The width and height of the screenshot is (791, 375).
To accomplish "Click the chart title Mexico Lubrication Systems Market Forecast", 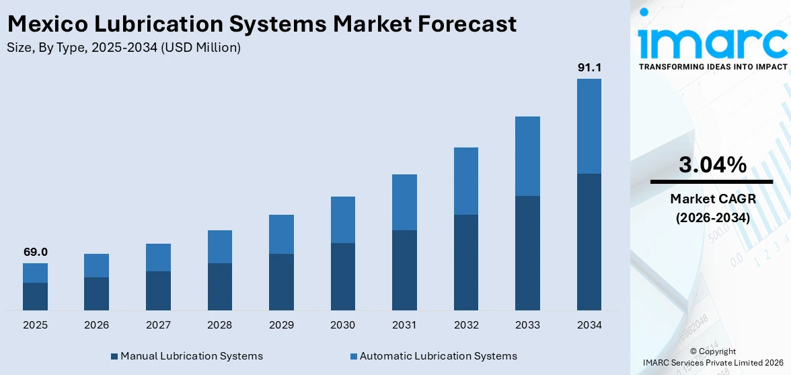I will (x=262, y=24).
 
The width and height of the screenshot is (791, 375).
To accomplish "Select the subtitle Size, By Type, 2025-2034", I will (x=123, y=48).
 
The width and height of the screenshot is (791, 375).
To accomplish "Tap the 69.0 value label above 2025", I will (x=35, y=252).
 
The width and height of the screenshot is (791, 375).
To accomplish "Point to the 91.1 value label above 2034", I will (x=589, y=67).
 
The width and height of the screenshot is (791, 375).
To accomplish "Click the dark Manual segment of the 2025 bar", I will (x=35, y=296).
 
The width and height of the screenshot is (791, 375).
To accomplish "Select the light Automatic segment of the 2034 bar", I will (x=589, y=126).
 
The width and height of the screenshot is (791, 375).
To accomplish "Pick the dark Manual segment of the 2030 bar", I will (x=342, y=276).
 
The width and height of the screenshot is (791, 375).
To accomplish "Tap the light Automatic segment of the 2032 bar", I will (x=465, y=181).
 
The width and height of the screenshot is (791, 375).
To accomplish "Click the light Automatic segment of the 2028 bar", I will (x=219, y=246).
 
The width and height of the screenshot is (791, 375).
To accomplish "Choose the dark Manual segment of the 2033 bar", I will (x=527, y=252).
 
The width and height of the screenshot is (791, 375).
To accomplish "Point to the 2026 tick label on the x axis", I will (x=96, y=325).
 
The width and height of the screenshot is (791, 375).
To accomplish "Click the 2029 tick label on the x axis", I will (x=281, y=325).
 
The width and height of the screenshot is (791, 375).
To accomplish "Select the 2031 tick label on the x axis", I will (x=404, y=325).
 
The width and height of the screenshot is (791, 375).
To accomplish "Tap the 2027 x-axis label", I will (x=158, y=325).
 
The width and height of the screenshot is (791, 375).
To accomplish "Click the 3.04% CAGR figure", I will (x=712, y=165).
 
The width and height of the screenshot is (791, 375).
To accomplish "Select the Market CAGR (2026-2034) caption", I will (x=712, y=208).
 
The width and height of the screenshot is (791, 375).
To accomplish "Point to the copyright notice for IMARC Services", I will (x=712, y=357).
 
